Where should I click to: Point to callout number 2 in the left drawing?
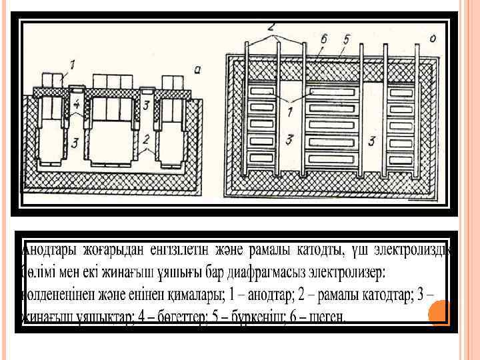pyautogui.click(x=145, y=139)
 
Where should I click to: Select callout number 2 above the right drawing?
pyautogui.click(x=271, y=27)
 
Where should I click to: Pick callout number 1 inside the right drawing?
pyautogui.click(x=289, y=113)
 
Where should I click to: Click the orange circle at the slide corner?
pyautogui.click(x=440, y=313)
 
